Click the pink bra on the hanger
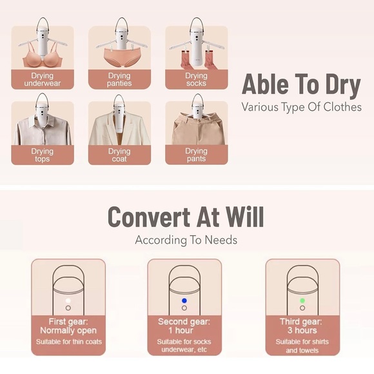click(43, 59)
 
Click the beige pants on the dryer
click(197, 129)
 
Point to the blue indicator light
click(184, 300)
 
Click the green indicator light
click(302, 300)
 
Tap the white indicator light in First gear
click(68, 300)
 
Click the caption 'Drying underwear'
click(43, 79)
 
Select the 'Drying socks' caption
click(196, 79)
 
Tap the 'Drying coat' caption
click(119, 155)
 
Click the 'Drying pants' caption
click(196, 155)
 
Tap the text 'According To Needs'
click(186, 240)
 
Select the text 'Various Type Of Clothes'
click(302, 107)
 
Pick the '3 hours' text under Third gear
click(302, 330)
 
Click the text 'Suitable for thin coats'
click(69, 342)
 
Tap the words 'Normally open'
click(68, 331)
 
